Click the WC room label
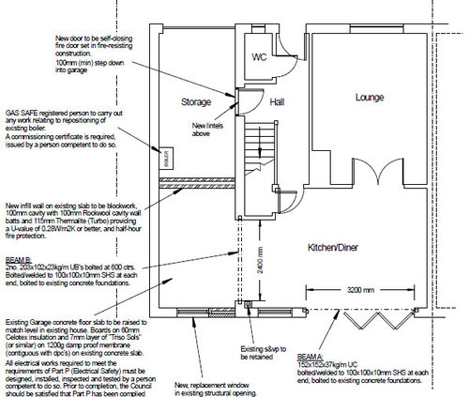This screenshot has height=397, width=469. pos(260,57)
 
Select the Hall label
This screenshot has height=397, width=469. pos(277,100)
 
